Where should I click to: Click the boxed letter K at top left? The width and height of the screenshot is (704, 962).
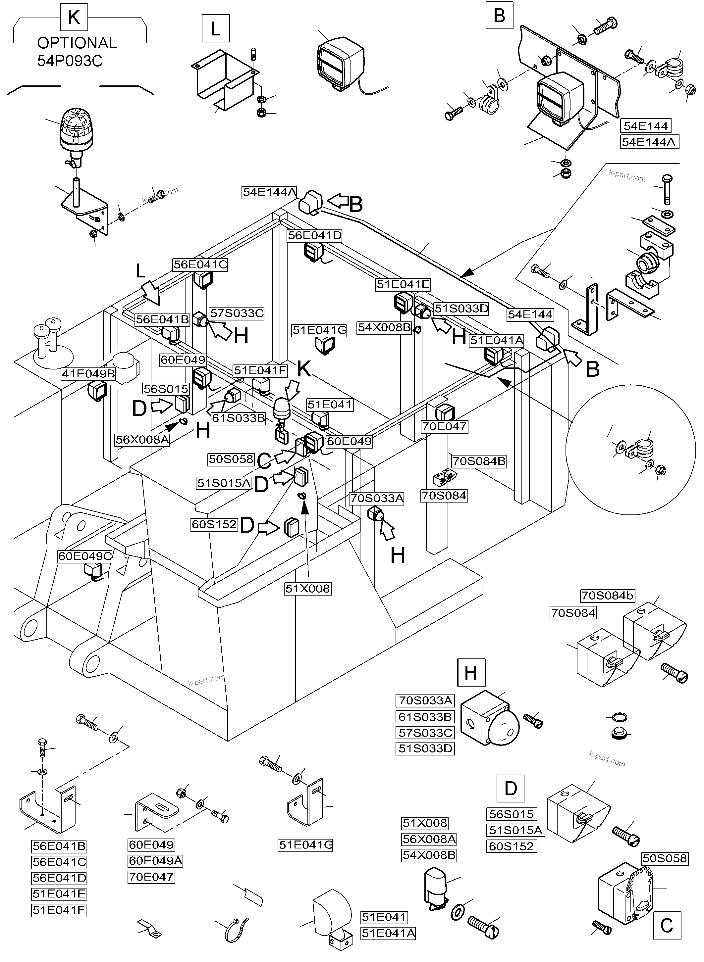(x=74, y=18)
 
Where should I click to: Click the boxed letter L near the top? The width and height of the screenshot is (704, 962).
(x=216, y=28)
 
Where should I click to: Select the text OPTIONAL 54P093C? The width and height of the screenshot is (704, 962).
(x=77, y=52)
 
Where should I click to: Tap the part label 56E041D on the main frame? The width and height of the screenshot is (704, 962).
(x=314, y=235)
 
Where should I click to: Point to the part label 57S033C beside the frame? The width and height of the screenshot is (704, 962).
(x=237, y=313)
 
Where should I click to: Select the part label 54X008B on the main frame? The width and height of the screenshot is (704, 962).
(x=384, y=327)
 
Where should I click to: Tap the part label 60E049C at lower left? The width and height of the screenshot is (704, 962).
(x=85, y=556)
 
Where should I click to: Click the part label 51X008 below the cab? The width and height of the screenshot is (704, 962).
(x=308, y=589)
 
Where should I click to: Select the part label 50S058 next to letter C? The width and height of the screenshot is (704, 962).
(x=231, y=459)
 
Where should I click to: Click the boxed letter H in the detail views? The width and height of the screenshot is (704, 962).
(x=471, y=673)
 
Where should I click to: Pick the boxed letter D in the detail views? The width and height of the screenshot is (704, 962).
(x=511, y=789)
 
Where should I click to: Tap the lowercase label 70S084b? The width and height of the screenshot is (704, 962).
(x=607, y=595)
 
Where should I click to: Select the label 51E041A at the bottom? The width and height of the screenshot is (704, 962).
(x=388, y=934)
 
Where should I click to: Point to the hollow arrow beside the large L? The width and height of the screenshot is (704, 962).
(x=152, y=293)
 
